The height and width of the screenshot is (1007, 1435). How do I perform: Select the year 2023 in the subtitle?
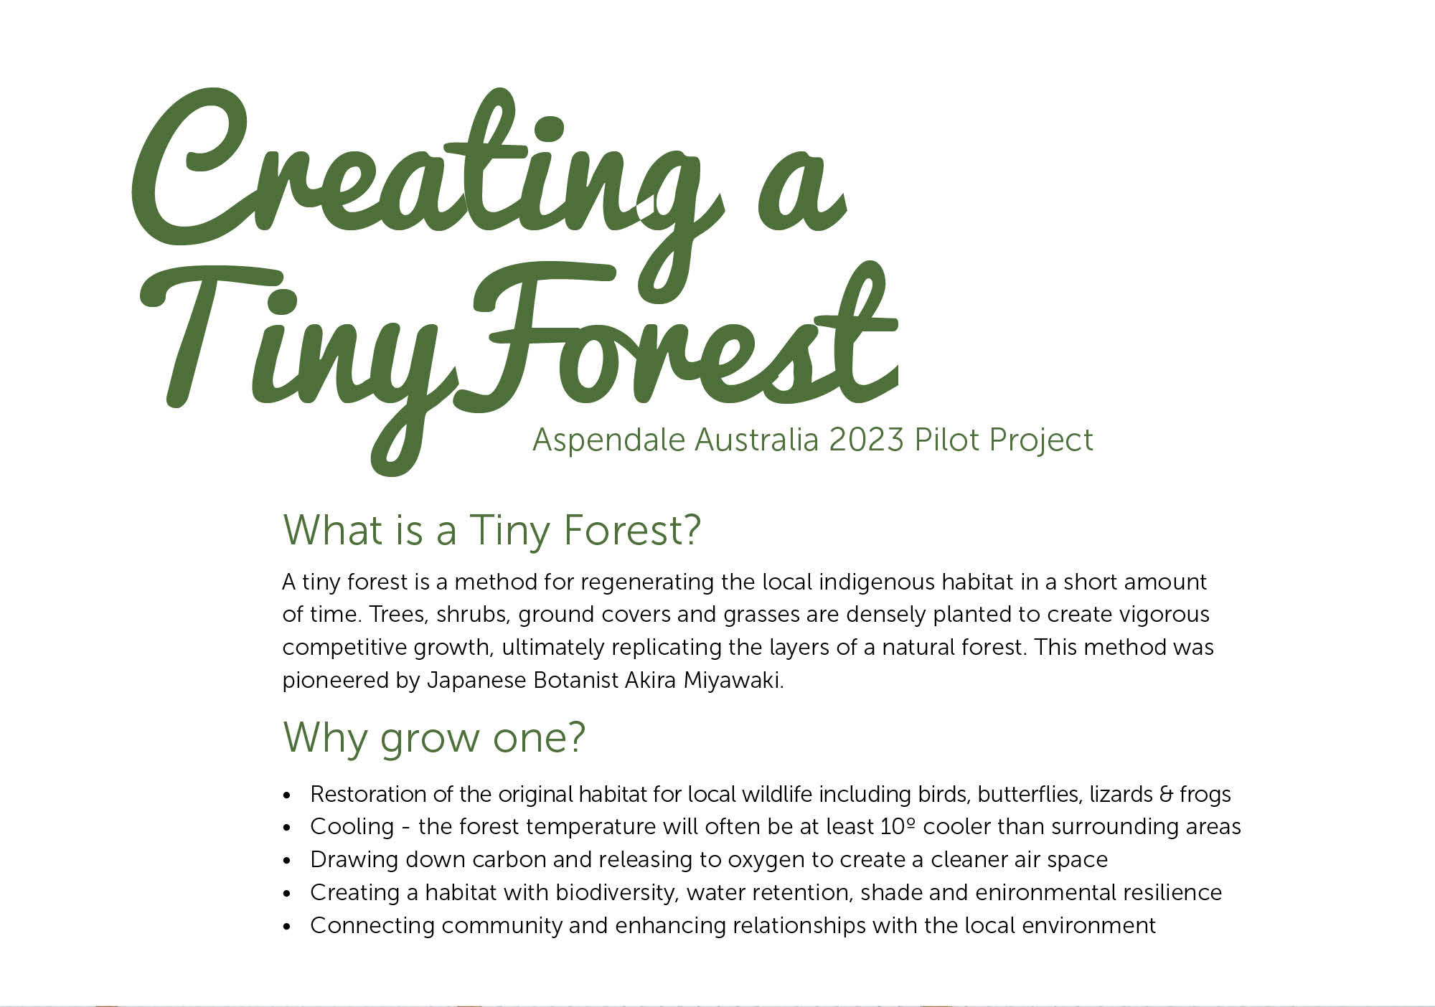tap(866, 440)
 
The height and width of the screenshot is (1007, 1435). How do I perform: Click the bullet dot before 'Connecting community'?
tap(288, 927)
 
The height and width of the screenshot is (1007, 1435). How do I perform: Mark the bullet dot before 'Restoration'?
tap(288, 795)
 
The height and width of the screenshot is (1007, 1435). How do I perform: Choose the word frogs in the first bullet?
tap(1205, 795)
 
